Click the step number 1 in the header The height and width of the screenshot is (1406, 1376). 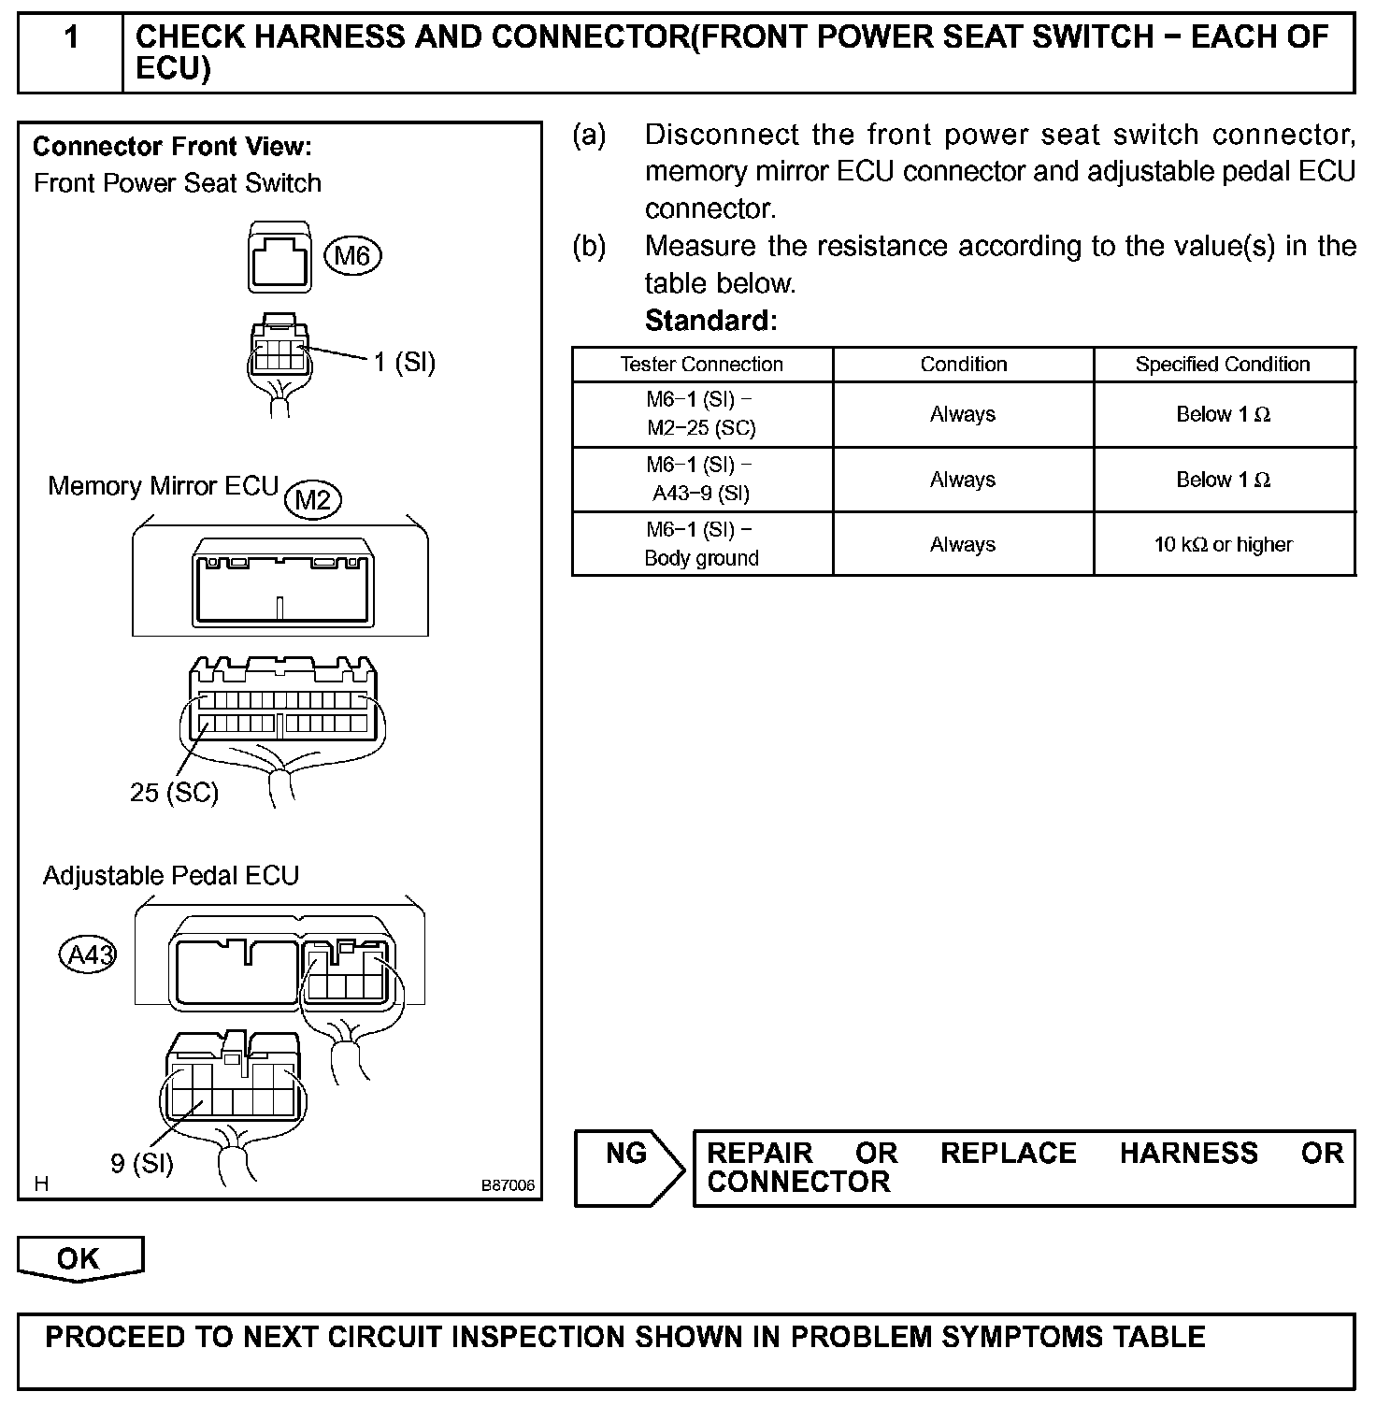point(71,38)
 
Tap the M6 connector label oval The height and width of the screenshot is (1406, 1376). point(352,255)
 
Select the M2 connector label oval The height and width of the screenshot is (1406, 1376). point(312,500)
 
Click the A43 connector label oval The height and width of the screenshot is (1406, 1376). point(88,954)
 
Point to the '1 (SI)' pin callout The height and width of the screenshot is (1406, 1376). point(405,363)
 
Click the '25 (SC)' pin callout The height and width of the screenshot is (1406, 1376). point(174,793)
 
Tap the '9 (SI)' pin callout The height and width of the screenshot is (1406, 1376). point(142,1163)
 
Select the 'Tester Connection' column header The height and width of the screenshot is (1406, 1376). point(702,365)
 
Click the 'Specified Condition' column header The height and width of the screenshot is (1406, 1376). point(1223,365)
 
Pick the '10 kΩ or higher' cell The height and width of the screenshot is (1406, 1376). point(1223,544)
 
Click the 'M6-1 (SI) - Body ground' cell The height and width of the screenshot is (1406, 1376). point(702,544)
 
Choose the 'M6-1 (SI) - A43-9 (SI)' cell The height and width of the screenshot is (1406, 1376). point(702,480)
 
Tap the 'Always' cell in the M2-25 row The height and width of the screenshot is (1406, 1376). point(963,414)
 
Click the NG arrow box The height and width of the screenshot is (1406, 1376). point(628,1167)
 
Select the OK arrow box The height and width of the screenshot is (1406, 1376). point(79,1258)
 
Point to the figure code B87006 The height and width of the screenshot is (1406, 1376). point(508,1185)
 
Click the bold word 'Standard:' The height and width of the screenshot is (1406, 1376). point(710,321)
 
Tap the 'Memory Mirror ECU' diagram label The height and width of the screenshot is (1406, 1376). point(164,486)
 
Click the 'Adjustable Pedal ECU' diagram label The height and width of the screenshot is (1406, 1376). point(171,876)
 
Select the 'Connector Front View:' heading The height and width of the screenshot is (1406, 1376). point(172,147)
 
